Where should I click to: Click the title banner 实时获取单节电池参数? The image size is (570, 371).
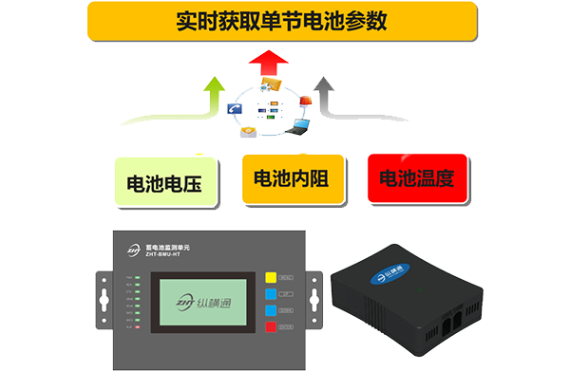282,20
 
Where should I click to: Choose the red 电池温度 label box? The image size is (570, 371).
417,177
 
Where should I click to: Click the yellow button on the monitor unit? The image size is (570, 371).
271,278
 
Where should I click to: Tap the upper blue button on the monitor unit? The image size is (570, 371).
271,294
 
